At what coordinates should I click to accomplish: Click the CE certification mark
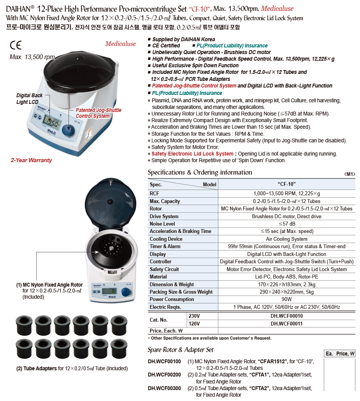tap(16, 45)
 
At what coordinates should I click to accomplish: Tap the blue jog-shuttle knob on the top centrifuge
tap(68, 130)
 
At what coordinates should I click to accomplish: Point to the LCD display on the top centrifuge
tap(52, 122)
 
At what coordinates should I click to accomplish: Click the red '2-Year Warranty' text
tap(31, 160)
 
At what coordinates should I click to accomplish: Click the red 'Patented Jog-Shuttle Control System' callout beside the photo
tap(98, 113)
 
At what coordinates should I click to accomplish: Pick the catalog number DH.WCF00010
tap(286, 316)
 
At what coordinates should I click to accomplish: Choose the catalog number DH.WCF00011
tap(286, 324)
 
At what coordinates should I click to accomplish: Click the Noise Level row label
tap(162, 224)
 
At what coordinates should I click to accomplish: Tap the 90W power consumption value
tap(286, 299)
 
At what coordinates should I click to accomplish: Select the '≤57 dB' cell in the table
tap(287, 224)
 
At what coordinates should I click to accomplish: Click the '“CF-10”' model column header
tap(286, 184)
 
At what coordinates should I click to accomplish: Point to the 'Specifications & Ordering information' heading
tap(200, 172)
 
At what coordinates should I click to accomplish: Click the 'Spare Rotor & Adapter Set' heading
tap(181, 350)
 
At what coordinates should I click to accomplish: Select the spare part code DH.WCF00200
tap(164, 375)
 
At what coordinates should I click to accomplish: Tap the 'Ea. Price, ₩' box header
tap(340, 354)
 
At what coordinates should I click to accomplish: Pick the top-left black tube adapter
tap(24, 325)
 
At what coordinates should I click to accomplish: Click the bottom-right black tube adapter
tap(119, 348)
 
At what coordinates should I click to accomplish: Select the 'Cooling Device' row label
tap(166, 239)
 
